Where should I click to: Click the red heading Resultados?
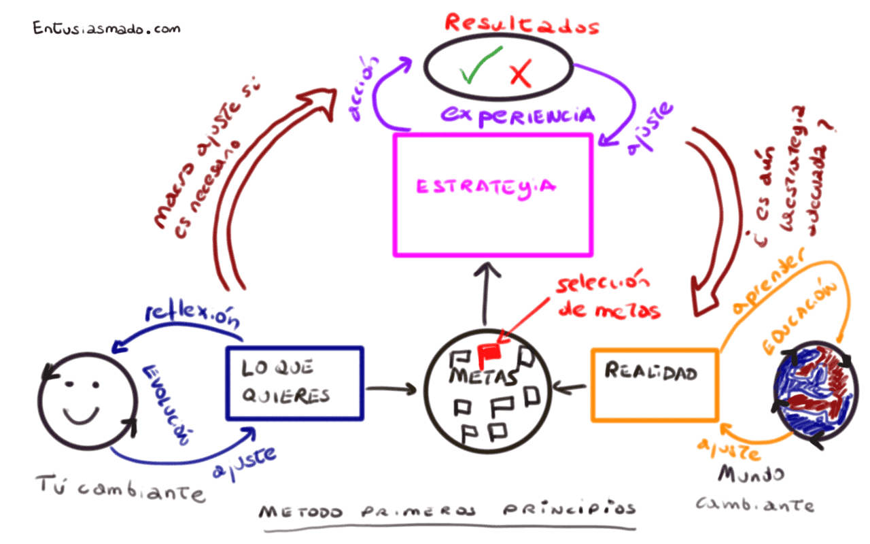coord(522,24)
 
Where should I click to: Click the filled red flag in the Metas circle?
coord(489,353)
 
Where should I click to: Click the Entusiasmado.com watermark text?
coord(107,29)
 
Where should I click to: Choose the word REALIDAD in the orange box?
coord(651,372)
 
